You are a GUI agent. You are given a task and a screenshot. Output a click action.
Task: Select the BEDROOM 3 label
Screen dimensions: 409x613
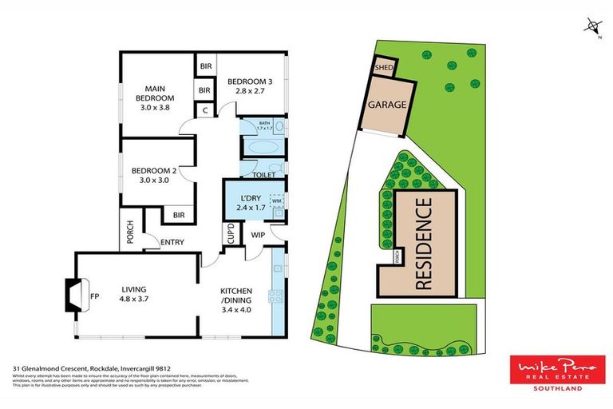click(x=249, y=86)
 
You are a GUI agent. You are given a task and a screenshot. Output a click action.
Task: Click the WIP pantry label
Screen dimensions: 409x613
click(x=258, y=235)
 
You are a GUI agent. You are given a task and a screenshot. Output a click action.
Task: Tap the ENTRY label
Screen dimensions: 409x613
click(x=172, y=242)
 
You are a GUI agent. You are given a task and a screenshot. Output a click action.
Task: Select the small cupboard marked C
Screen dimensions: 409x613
click(x=205, y=110)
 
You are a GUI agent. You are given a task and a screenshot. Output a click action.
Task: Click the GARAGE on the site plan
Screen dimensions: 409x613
click(x=386, y=105)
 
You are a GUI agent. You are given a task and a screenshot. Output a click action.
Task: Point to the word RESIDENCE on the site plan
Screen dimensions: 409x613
click(x=425, y=243)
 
